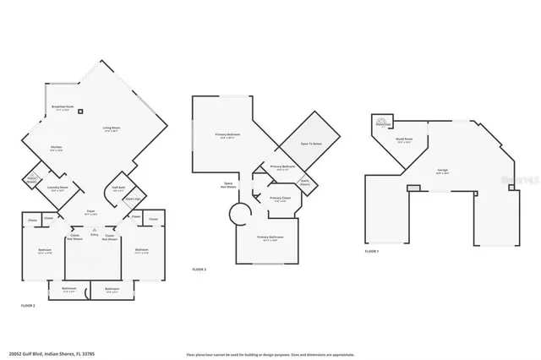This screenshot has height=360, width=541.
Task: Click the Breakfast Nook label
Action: pyautogui.click(x=63, y=106)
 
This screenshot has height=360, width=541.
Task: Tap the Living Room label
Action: pyautogui.click(x=110, y=128)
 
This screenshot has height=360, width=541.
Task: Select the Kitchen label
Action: pyautogui.click(x=56, y=149)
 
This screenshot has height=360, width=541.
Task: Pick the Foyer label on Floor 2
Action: pyautogui.click(x=90, y=212)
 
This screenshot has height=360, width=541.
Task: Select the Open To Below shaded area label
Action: pyautogui.click(x=311, y=145)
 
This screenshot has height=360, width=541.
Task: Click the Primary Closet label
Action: pyautogui.click(x=278, y=199)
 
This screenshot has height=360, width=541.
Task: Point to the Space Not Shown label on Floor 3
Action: pyautogui.click(x=228, y=185)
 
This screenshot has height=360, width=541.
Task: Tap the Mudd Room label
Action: pyautogui.click(x=404, y=140)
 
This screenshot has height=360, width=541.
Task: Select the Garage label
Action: pyautogui.click(x=442, y=171)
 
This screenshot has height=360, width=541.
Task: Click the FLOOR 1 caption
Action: pyautogui.click(x=372, y=251)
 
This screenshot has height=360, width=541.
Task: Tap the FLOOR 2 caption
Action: pyautogui.click(x=28, y=304)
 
